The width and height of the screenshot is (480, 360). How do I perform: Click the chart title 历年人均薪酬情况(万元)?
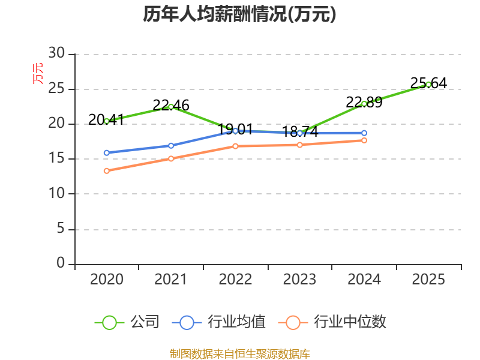point(239,14)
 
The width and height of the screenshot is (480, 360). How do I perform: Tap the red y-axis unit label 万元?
point(38,73)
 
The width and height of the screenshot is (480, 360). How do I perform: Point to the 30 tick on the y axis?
point(56,53)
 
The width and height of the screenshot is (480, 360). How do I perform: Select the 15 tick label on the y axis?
point(56,158)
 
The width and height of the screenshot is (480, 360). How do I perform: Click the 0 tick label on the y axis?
point(61,263)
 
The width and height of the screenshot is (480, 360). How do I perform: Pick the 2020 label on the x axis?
point(107,280)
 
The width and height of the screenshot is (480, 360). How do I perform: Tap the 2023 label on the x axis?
point(299,280)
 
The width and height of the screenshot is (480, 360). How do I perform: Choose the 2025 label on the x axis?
point(428,280)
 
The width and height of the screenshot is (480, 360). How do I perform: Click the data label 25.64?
point(428,83)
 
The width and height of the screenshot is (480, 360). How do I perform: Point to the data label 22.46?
point(171,106)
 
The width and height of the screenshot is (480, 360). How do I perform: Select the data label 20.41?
point(107,119)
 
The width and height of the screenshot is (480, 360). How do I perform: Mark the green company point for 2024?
point(364,104)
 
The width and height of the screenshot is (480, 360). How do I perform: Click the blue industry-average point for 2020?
point(107,153)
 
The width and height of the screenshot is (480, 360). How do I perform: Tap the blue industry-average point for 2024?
point(364,133)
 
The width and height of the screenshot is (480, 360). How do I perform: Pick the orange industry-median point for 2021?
point(171,158)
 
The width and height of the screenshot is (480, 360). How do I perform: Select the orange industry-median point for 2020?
point(107,171)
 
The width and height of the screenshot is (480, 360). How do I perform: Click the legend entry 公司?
point(127,322)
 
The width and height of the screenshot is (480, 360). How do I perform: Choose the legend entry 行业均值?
point(219,322)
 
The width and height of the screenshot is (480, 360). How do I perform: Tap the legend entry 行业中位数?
point(332,322)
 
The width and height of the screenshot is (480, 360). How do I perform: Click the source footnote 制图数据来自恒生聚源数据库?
point(240,354)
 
